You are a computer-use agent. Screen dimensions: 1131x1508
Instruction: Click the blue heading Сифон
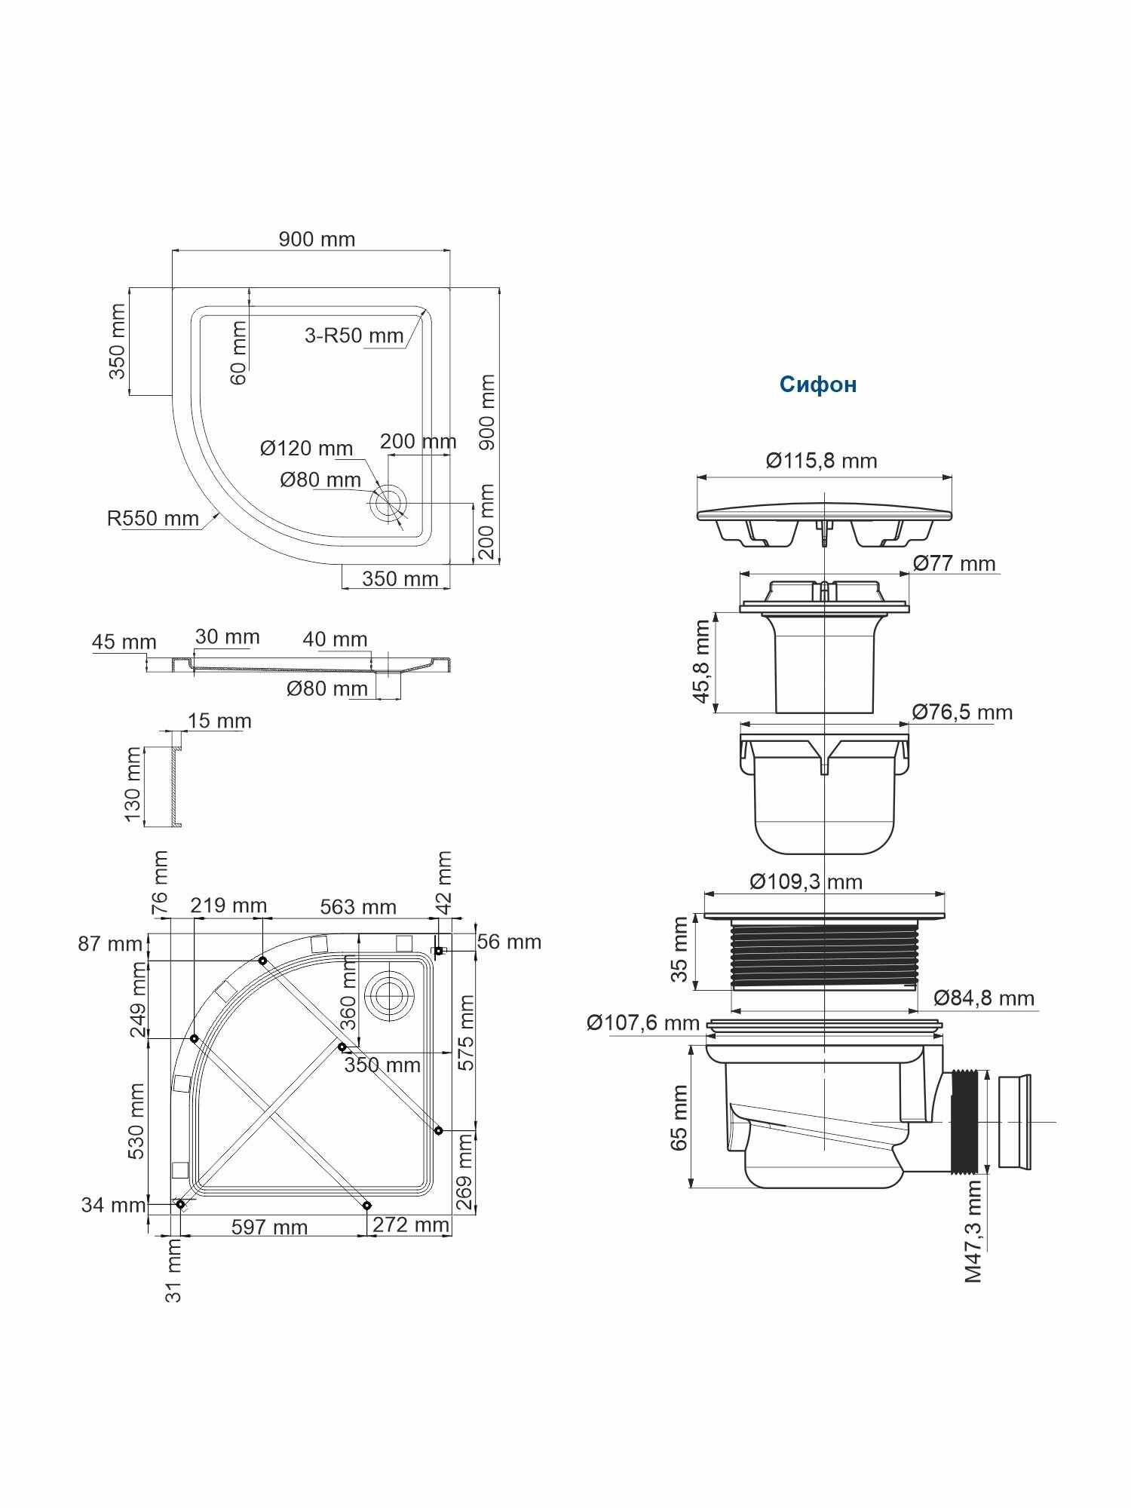(818, 385)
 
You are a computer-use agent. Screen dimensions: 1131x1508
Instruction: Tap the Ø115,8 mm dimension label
(821, 461)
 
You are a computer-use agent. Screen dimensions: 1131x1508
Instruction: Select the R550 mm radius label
(153, 519)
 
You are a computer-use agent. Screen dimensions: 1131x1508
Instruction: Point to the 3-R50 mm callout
(354, 336)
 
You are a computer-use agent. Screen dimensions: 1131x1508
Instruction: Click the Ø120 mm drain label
(306, 449)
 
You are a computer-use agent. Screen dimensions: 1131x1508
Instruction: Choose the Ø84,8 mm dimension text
(984, 998)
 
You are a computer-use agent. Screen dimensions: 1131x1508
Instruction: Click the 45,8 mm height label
(702, 661)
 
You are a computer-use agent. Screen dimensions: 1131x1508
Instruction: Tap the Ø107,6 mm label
(643, 1022)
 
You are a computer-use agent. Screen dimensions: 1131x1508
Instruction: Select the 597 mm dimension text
(269, 1228)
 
